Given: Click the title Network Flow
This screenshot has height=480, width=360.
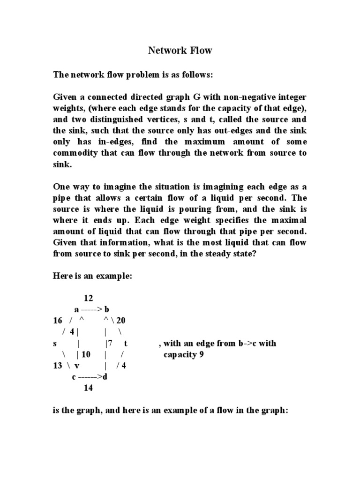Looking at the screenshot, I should (180, 51).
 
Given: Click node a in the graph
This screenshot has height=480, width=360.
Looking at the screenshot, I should (77, 309).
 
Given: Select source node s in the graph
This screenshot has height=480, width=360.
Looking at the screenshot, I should (55, 343).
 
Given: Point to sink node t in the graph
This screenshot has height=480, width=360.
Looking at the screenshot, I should (126, 343).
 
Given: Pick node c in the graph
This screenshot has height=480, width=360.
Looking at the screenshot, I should (75, 377).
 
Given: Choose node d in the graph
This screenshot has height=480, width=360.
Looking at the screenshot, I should (105, 377).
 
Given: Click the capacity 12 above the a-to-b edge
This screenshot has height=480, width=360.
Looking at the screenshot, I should (89, 298).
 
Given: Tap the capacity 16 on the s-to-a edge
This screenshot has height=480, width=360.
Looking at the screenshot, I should (58, 321).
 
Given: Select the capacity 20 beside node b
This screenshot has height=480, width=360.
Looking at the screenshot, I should (121, 321).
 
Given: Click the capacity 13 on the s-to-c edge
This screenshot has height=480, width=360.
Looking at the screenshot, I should (58, 366).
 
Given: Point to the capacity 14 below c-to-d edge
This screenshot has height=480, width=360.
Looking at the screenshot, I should (88, 388).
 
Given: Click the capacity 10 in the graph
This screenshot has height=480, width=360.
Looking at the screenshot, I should (85, 354).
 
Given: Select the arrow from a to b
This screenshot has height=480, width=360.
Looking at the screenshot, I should (91, 309).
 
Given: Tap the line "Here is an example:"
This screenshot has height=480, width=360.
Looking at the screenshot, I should (92, 277).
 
